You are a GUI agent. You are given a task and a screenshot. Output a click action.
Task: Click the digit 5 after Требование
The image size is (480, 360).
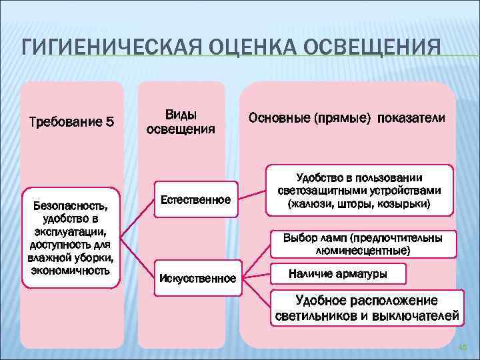[x=110, y=122]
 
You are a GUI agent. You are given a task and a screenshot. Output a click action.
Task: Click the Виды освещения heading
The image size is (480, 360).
[x=181, y=121]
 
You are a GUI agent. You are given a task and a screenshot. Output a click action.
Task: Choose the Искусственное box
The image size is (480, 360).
[x=197, y=277]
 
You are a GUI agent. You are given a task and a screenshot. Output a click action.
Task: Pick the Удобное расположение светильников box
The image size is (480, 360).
[x=367, y=307]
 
